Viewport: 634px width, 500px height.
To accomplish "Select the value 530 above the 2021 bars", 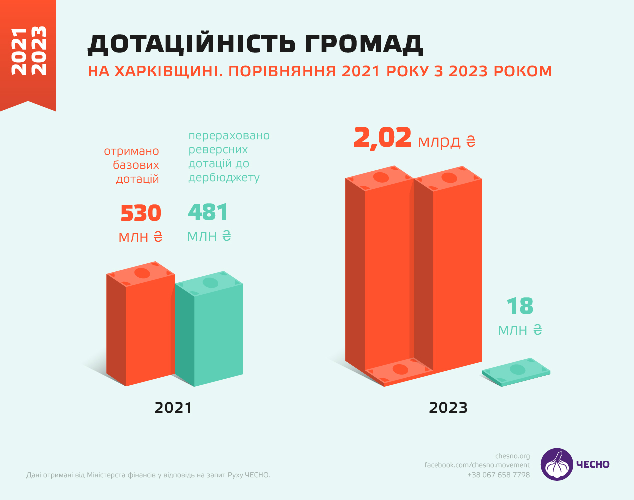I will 141,213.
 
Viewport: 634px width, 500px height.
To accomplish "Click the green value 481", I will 208,212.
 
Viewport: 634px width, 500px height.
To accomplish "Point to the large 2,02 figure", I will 382,138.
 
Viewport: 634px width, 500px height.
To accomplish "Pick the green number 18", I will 520,306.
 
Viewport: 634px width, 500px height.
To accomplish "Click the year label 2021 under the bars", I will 173,408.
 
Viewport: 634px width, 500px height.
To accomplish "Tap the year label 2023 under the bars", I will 448,408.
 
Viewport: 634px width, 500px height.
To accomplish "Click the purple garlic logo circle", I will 557,464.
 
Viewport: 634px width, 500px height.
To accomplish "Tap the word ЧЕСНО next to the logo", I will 593,465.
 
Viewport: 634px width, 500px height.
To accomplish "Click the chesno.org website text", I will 512,456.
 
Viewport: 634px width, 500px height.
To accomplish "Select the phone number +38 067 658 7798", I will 498,475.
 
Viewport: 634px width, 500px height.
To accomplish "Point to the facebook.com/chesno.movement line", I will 477,465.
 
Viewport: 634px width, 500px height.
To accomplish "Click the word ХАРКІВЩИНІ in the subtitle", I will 169,71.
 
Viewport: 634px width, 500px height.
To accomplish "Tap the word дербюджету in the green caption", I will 224,178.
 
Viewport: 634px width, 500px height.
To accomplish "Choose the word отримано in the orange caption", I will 131,151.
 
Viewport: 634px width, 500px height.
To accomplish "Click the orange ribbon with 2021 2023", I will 28,52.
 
